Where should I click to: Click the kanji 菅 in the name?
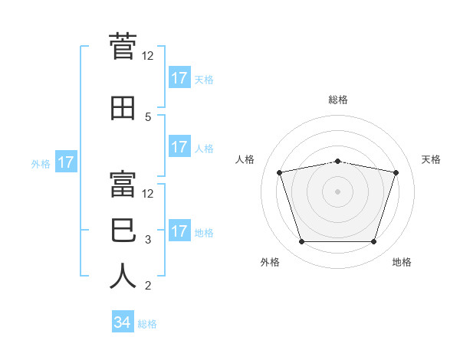tap(123, 46)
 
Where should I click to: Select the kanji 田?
tap(123, 108)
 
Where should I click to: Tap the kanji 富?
tap(123, 184)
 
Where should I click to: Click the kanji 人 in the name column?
tap(123, 276)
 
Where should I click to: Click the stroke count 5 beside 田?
tap(148, 117)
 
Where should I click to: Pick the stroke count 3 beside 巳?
tap(148, 240)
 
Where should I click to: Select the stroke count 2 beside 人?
tap(148, 286)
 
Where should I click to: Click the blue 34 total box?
tap(123, 321)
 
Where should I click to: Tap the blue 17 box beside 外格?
tap(66, 162)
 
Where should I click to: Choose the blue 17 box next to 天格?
tap(180, 77)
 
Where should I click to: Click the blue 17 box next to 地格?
tap(180, 230)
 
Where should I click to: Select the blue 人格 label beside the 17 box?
tap(204, 149)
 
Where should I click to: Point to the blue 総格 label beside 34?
tap(147, 324)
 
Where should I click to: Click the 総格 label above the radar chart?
tap(338, 100)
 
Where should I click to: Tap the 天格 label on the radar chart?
tap(431, 159)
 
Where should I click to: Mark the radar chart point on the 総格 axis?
tap(338, 162)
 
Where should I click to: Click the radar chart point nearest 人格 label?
tap(280, 172)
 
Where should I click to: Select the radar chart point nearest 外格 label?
tap(302, 241)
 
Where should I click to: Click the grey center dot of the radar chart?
tap(337, 191)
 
